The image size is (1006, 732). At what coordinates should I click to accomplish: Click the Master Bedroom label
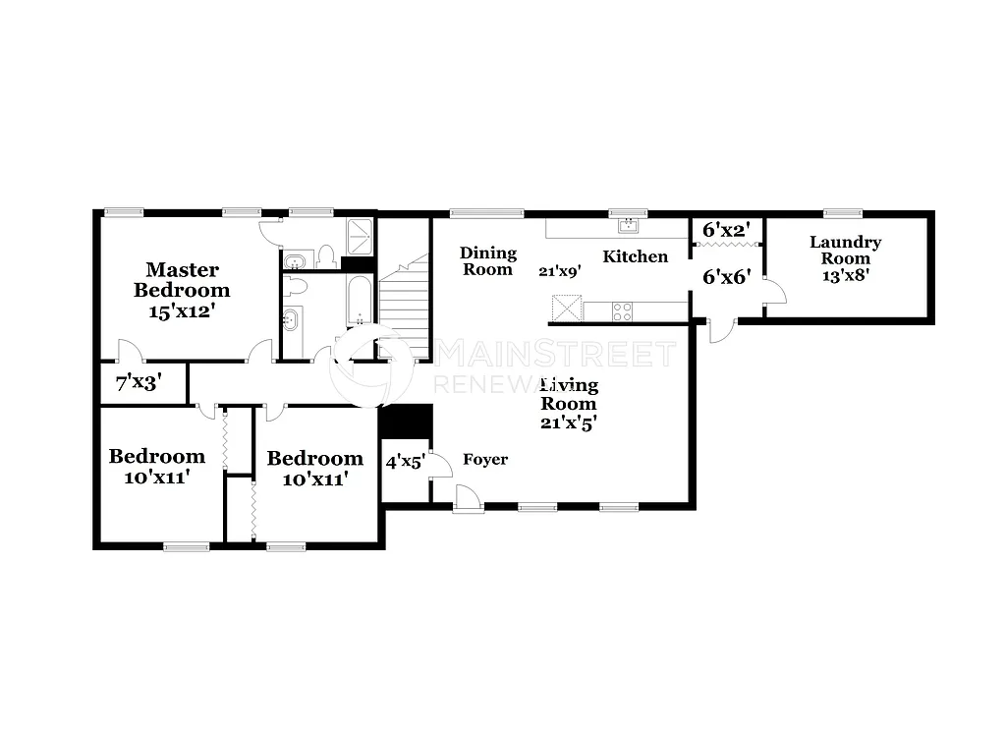(182, 279)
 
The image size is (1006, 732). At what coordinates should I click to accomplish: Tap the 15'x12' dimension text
(182, 310)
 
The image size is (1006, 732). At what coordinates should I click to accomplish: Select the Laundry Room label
(846, 250)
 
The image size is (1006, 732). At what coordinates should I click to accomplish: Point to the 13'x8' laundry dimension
(846, 275)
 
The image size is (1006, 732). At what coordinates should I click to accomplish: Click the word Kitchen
(635, 256)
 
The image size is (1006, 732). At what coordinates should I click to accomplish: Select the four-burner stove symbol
(623, 311)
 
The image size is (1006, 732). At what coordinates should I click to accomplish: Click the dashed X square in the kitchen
(567, 309)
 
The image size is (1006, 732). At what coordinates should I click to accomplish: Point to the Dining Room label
(488, 261)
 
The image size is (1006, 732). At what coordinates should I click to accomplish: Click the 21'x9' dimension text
(560, 272)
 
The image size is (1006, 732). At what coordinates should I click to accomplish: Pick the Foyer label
(485, 459)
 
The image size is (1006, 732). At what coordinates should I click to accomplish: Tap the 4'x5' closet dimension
(404, 461)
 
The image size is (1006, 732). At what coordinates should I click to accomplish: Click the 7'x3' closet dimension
(139, 382)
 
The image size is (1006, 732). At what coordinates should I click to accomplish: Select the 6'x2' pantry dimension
(726, 230)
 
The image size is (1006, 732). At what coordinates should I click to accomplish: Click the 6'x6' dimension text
(727, 276)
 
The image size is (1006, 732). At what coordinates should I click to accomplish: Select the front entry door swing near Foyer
(469, 499)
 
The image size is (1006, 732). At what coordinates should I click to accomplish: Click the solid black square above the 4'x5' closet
(406, 421)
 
